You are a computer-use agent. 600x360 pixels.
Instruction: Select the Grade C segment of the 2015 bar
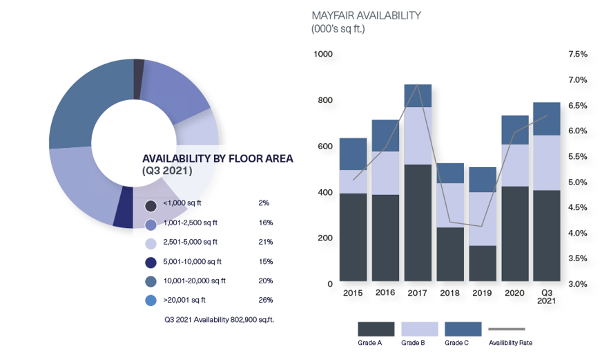(353, 153)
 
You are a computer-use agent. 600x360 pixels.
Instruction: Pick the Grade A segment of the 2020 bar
(515, 234)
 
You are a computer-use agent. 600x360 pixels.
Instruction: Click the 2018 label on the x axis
(450, 293)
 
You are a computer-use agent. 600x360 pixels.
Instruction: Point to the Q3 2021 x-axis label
(548, 296)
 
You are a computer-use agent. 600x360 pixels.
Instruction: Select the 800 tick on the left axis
(323, 100)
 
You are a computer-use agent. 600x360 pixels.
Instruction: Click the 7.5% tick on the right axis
(577, 54)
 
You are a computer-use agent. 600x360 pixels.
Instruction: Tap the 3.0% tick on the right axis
(577, 284)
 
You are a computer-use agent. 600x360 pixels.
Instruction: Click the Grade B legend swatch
(419, 329)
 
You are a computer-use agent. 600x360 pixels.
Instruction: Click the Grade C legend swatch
(463, 329)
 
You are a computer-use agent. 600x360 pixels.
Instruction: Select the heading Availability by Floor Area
(217, 158)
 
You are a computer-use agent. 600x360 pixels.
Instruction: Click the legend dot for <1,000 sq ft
(151, 205)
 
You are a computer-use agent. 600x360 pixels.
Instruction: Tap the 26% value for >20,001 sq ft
(266, 300)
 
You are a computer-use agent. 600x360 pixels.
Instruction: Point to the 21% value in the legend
(266, 242)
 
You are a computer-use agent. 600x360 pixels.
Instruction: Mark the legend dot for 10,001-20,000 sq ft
(151, 282)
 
